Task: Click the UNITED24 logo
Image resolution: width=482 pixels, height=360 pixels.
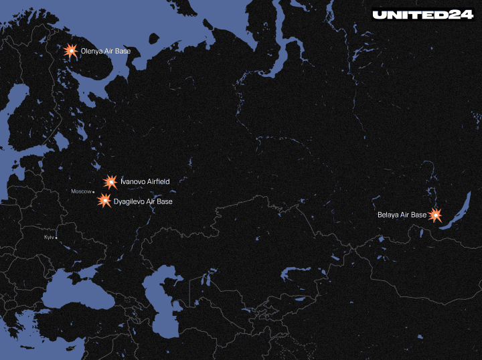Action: click(x=423, y=14)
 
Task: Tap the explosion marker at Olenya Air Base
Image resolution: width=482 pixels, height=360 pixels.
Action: click(x=70, y=50)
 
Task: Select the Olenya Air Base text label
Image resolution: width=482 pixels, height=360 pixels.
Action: click(x=106, y=51)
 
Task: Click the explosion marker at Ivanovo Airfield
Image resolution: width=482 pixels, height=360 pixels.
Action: click(x=110, y=181)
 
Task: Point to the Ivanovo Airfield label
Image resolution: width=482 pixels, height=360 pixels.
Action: click(x=145, y=181)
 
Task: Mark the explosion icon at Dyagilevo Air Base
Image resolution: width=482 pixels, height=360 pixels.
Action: click(x=104, y=200)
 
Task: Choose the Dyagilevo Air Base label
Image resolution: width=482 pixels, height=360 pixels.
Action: click(x=143, y=201)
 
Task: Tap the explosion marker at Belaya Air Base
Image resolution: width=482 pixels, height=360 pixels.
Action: click(x=435, y=215)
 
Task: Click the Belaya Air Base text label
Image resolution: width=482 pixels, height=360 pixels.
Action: click(x=402, y=215)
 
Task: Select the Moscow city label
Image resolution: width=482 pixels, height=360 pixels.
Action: click(x=80, y=192)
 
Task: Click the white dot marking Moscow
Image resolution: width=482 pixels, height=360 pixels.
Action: click(x=94, y=193)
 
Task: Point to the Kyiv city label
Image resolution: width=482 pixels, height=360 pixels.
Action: click(x=48, y=238)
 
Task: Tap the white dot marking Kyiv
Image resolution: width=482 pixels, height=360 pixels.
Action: click(x=56, y=238)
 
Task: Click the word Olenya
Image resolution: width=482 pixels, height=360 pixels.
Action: click(x=92, y=51)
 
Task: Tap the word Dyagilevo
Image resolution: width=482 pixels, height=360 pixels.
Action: click(x=129, y=201)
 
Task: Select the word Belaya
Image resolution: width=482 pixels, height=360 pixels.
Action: click(x=388, y=215)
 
